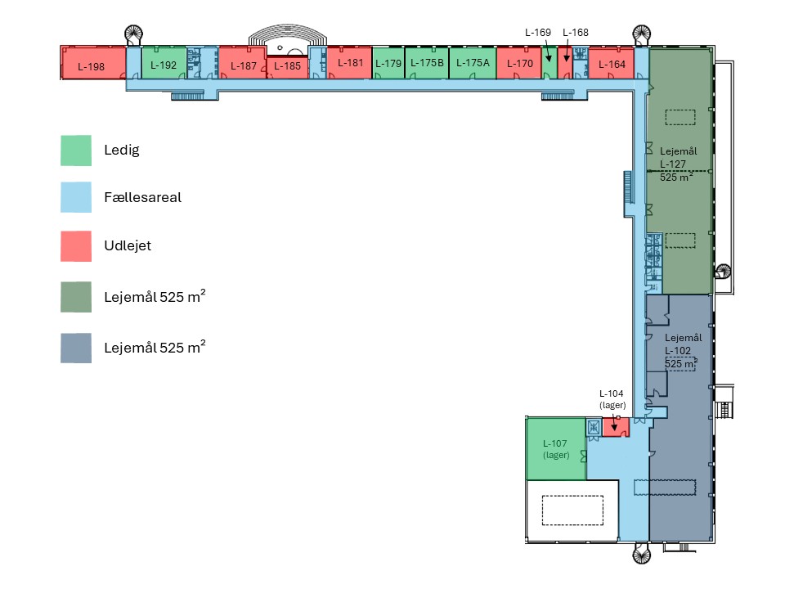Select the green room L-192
tap(164, 65)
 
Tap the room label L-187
tap(243, 66)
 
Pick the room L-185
tap(287, 67)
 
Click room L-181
tap(350, 63)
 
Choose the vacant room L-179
tap(388, 64)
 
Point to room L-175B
tap(427, 63)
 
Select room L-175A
tap(473, 63)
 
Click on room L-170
tap(519, 63)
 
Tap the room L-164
tap(612, 65)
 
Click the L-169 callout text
tap(538, 33)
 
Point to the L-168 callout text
tap(576, 33)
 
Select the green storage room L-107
tap(555, 448)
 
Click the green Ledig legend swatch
tap(76, 151)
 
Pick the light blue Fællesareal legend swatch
tap(76, 198)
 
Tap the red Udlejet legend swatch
tap(76, 246)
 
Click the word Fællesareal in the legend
tap(142, 198)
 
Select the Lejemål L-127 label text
tap(677, 164)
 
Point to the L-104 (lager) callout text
tap(612, 399)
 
